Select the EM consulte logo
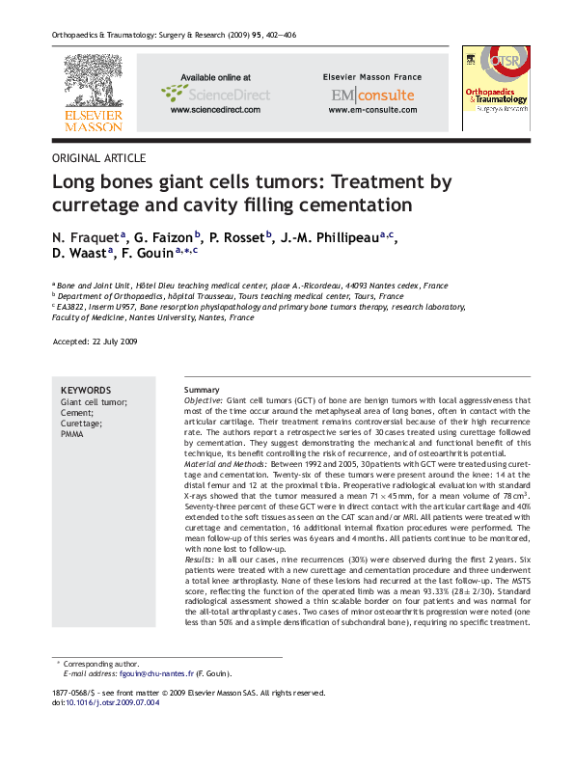click(372, 95)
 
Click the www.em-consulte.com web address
click(372, 110)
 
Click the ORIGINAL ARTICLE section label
click(98, 157)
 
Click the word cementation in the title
click(355, 205)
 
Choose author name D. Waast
click(80, 253)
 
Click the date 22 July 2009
click(116, 342)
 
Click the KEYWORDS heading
click(86, 390)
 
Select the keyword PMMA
click(73, 435)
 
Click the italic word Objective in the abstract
click(203, 399)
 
